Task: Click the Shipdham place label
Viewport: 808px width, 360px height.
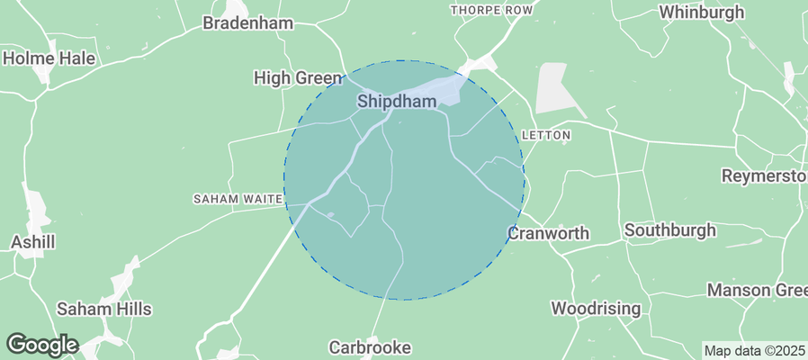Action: (397, 102)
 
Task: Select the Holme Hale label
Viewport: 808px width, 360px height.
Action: (49, 58)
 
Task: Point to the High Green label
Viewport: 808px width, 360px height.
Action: (298, 79)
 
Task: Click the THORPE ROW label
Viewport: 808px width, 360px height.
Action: (491, 10)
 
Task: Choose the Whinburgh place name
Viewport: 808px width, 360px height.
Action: (702, 13)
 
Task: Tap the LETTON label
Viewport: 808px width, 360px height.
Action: (546, 136)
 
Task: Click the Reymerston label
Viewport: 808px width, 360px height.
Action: (764, 175)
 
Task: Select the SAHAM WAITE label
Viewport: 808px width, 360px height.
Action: (238, 198)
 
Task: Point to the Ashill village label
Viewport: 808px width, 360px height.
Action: (33, 242)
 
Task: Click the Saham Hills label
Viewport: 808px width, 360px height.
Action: (104, 309)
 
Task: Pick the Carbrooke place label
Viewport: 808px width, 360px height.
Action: (370, 346)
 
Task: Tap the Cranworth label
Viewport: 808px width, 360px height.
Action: (548, 233)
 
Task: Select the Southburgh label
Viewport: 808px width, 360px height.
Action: (670, 230)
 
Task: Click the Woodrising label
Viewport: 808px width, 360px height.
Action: (596, 309)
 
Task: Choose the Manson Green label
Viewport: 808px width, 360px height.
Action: (757, 290)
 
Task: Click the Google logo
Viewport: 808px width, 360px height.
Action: (41, 344)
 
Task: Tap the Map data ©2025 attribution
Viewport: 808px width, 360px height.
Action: (754, 351)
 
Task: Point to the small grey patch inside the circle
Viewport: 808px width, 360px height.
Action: (332, 214)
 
